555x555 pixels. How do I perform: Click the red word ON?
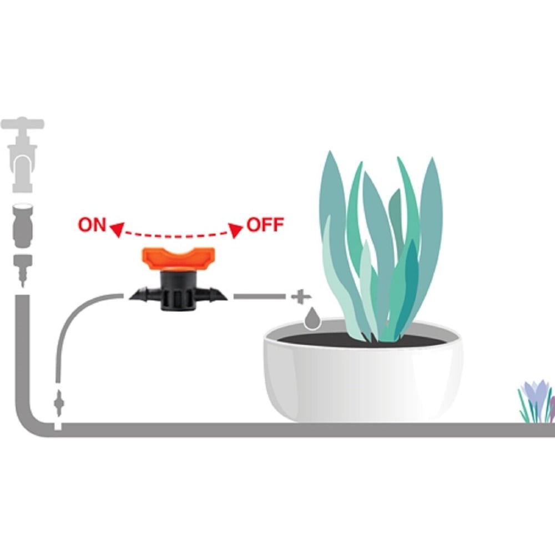click(92, 225)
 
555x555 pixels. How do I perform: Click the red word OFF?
click(265, 225)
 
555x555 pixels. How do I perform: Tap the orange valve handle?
click(178, 259)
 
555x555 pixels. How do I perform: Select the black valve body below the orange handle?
click(178, 291)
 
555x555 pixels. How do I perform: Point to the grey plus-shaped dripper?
click(301, 297)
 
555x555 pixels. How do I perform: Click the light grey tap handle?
click(22, 124)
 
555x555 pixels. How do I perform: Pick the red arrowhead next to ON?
click(117, 229)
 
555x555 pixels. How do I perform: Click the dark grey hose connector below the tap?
click(23, 225)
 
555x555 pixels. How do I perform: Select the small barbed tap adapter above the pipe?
click(23, 270)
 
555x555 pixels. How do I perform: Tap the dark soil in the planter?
click(361, 340)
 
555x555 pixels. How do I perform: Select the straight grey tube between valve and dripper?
click(259, 296)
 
